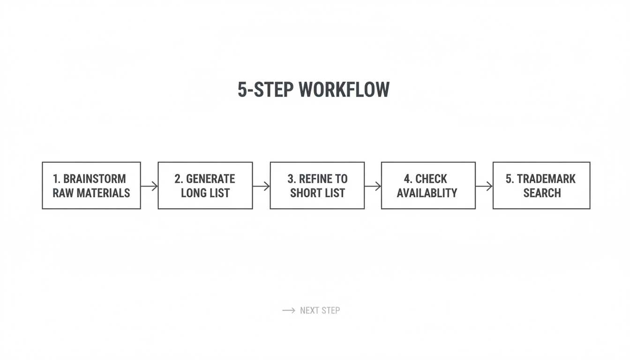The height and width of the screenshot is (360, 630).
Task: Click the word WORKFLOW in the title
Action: (344, 90)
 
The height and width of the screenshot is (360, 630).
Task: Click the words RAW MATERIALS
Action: (91, 193)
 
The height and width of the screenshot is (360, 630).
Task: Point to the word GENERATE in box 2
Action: (210, 179)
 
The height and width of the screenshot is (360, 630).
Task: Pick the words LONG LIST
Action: (205, 193)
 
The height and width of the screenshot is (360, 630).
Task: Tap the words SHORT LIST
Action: (317, 193)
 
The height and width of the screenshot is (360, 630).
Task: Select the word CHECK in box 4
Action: (431, 179)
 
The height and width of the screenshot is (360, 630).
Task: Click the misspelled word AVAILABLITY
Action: (427, 193)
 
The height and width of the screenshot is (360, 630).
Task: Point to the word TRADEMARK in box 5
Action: (546, 179)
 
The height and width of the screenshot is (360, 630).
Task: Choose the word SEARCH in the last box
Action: (542, 193)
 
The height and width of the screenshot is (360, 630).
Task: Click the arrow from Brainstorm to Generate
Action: (149, 186)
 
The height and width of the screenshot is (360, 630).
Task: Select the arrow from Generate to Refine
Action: (261, 186)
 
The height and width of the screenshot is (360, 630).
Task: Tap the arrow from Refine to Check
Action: (373, 186)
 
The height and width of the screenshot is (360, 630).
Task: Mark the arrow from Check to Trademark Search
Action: (484, 186)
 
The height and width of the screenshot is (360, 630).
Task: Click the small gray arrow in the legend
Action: (288, 310)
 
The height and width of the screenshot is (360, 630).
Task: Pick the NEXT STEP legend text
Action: (320, 310)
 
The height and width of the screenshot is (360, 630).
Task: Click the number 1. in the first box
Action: (57, 179)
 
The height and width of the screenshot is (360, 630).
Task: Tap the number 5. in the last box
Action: (510, 179)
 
